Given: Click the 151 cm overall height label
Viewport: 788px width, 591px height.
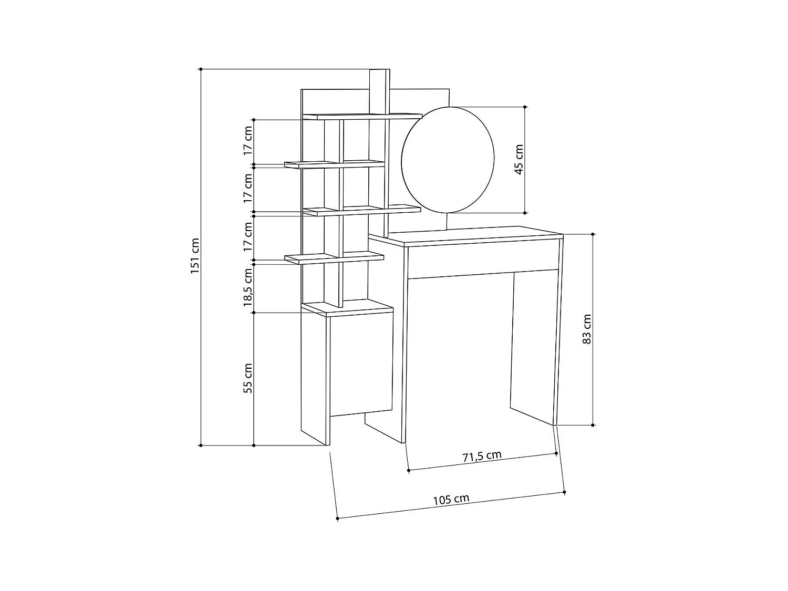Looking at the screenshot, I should click(x=194, y=256).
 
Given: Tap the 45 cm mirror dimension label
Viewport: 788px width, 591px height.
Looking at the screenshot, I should click(x=519, y=160).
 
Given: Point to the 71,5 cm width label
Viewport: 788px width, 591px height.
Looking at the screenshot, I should click(x=482, y=456).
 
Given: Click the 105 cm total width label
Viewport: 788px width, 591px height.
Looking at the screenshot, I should click(x=451, y=499).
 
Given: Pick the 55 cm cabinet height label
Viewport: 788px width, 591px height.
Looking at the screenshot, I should click(x=248, y=378).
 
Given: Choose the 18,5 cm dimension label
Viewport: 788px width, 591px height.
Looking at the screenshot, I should click(x=248, y=287).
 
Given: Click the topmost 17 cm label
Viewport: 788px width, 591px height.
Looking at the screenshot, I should click(x=248, y=139).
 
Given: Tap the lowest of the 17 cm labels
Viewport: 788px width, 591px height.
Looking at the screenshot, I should click(x=248, y=236).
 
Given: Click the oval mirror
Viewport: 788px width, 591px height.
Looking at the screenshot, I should click(x=448, y=160).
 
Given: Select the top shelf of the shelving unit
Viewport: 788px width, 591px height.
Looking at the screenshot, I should click(x=362, y=116).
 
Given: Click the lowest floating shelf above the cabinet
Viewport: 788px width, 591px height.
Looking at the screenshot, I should click(x=334, y=257).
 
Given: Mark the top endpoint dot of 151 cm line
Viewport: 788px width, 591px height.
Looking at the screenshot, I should click(x=201, y=69).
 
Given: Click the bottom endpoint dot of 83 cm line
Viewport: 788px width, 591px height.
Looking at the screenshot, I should click(x=593, y=424).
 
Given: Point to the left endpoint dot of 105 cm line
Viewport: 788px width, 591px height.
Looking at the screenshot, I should click(x=337, y=519).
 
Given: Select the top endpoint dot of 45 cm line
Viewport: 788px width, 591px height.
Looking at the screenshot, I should click(x=525, y=107).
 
